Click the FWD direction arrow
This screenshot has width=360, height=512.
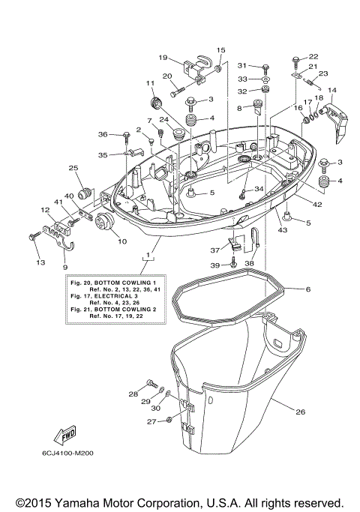64,436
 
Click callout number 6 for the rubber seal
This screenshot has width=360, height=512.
307,289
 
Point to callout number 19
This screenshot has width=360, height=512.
163,58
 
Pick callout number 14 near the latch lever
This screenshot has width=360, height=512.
332,90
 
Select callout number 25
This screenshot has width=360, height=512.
73,168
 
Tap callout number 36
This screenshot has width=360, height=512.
103,134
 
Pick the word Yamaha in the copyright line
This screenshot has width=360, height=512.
88,502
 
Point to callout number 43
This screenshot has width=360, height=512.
283,229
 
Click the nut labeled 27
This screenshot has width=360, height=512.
171,421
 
